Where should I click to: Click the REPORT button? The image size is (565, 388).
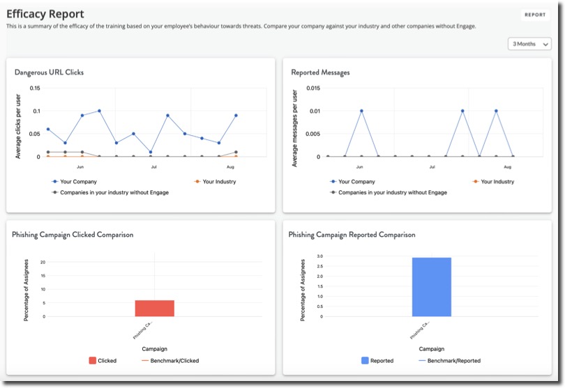[535, 14]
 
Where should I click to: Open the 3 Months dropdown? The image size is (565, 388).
[529, 44]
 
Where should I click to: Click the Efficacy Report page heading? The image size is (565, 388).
[45, 14]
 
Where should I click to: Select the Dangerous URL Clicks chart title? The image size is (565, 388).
[50, 72]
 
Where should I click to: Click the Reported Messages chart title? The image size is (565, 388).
[320, 72]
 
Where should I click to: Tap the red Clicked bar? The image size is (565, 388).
[155, 308]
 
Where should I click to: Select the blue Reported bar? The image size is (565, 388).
[431, 287]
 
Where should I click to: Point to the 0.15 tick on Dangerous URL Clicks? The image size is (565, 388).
[35, 88]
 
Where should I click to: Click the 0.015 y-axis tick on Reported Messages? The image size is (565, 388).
[312, 88]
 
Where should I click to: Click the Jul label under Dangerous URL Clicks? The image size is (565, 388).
[153, 167]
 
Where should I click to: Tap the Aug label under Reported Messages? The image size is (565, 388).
[507, 167]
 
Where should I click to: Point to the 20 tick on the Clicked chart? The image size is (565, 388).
[43, 262]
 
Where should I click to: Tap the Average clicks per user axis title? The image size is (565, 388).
[19, 123]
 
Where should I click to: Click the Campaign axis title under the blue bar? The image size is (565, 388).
[432, 348]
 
